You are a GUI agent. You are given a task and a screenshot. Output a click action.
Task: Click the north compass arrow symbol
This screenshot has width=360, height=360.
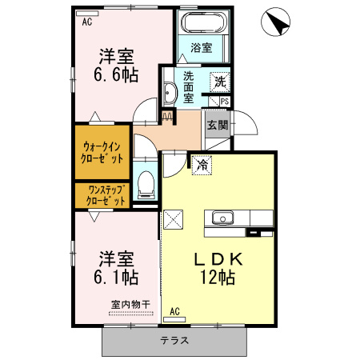(278, 22)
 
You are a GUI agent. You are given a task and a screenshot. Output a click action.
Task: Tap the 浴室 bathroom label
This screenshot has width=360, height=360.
(202, 48)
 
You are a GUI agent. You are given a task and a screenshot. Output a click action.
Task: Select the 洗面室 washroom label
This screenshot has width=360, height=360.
(189, 86)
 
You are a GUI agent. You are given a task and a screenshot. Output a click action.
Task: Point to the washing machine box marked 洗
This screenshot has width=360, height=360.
(219, 81)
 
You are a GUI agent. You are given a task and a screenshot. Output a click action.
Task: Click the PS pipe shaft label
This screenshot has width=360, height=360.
(224, 102)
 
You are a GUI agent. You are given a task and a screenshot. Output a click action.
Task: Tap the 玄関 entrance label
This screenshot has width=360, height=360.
(217, 125)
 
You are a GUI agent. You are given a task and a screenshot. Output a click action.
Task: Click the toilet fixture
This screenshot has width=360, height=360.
(146, 185)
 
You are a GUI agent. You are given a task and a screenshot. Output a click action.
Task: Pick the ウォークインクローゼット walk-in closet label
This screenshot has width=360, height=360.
(102, 153)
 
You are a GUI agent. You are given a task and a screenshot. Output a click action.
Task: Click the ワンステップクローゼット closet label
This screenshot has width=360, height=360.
(102, 195)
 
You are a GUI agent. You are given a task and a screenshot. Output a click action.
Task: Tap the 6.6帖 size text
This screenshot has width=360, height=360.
(117, 75)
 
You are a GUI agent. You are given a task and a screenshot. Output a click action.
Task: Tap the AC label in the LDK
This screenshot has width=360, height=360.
(175, 311)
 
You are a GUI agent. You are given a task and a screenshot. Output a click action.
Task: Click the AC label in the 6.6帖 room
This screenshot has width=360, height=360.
(86, 22)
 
